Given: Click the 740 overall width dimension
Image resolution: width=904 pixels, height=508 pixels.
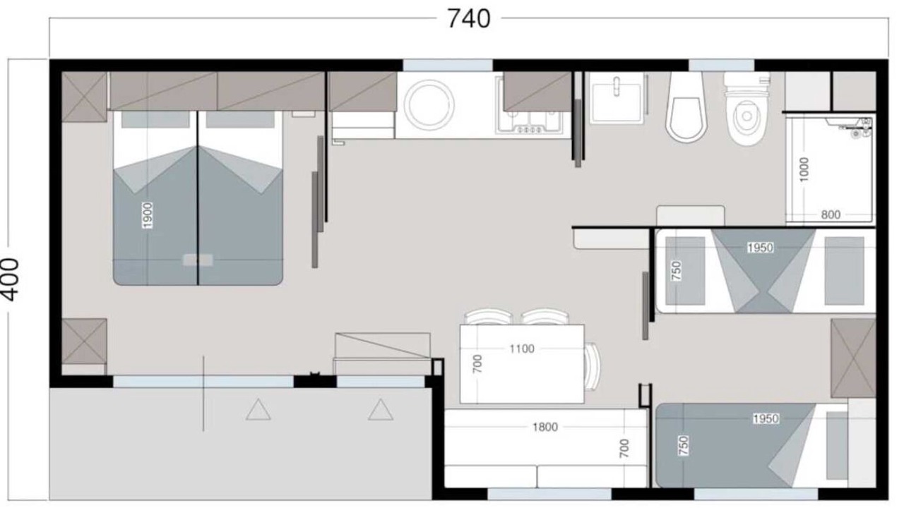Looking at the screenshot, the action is point(469,19).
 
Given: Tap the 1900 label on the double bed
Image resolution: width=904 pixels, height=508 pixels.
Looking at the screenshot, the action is point(148,215).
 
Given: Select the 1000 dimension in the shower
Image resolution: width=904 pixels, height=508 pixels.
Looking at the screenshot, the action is point(804,170).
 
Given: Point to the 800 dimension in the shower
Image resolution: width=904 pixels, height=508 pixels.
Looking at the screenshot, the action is point(831,215).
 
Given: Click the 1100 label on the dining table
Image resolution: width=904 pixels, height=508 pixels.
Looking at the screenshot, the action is point(522,349).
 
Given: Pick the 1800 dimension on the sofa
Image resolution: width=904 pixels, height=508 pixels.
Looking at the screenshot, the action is point(545,427).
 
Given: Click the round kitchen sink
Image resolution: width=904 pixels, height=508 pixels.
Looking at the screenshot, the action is point(429,105).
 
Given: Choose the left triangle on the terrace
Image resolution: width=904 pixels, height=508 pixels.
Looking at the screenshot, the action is point(258,410).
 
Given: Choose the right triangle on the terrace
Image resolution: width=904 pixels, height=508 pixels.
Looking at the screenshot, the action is point(381,410).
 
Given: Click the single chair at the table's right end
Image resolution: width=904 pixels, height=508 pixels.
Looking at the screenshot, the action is point(593,366).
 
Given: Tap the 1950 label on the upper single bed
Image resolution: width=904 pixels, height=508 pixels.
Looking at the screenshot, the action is point(760,248).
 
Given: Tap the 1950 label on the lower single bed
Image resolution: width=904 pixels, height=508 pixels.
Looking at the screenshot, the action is point(766,419).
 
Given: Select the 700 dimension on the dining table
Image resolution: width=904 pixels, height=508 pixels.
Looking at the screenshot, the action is point(477,363).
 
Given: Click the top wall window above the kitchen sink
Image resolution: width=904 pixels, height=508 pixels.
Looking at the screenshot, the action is point(448,66).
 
